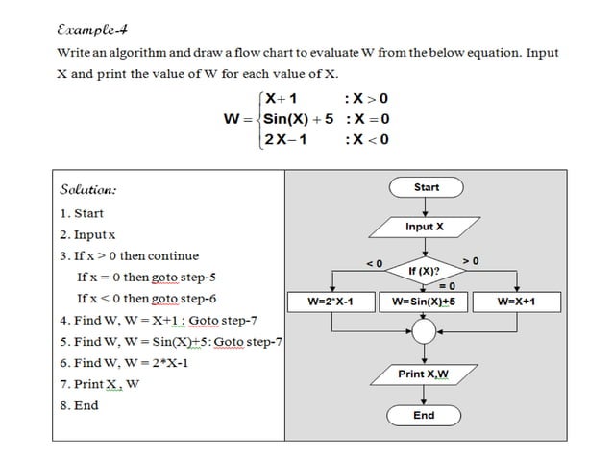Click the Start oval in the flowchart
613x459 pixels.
426,187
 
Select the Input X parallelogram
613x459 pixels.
424,227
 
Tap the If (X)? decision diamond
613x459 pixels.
424,272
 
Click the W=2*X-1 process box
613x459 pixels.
330,302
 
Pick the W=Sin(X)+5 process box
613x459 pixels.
424,302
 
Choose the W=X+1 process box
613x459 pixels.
516,302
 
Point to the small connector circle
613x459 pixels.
424,333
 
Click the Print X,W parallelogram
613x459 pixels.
424,374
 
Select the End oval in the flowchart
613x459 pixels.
424,415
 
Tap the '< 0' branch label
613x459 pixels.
375,263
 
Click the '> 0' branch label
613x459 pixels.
471,260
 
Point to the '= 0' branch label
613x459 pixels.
446,285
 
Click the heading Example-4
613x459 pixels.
87,29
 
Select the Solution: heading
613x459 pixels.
87,190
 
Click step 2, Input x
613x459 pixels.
87,234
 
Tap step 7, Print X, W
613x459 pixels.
99,384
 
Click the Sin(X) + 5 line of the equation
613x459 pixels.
299,119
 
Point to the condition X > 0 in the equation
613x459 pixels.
370,98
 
